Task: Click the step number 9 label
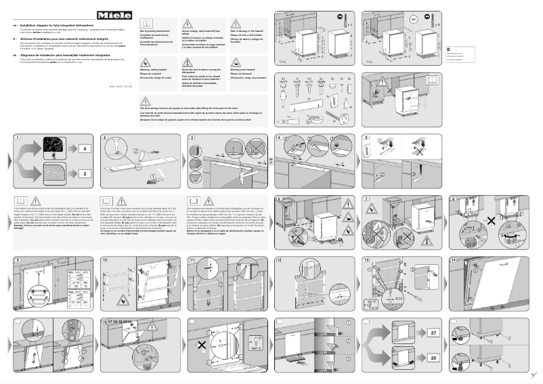(17, 261)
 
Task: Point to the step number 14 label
(454, 261)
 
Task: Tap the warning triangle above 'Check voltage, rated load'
(187, 24)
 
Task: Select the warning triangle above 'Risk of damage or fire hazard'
(236, 24)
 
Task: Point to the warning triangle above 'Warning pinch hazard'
(236, 62)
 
